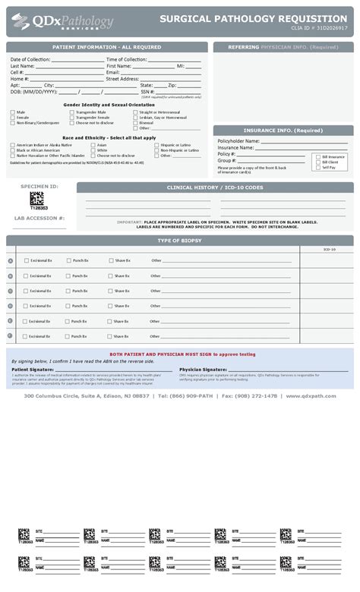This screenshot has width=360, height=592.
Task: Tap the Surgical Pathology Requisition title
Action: click(253, 18)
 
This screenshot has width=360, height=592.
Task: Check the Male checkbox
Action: click(12, 112)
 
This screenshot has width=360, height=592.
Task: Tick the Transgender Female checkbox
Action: click(72, 118)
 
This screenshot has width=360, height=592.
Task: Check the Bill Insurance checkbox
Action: click(317, 156)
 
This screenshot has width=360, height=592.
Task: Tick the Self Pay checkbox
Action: click(317, 167)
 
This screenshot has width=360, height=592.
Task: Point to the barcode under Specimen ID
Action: click(36, 198)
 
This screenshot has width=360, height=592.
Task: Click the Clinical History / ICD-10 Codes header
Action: click(215, 187)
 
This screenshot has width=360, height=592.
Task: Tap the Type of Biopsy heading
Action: click(179, 241)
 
